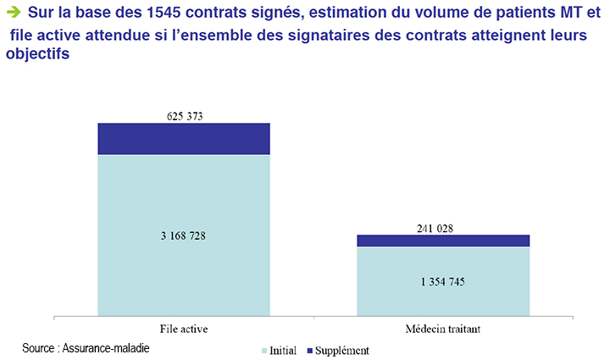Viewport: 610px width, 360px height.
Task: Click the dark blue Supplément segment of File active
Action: point(184,139)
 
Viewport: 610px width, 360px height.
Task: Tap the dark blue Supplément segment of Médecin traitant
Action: point(443,241)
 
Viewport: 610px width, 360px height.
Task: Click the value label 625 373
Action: point(184,116)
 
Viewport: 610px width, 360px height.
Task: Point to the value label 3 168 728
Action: point(184,235)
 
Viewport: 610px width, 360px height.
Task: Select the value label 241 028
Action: point(443,227)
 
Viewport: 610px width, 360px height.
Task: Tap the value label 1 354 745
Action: point(443,282)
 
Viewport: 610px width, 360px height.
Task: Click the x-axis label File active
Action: point(184,329)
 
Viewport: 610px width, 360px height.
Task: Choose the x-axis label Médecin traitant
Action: point(443,329)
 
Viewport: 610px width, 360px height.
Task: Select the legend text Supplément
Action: point(341,350)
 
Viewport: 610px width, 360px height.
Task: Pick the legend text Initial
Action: point(283,350)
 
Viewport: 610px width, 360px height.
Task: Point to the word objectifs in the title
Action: point(37,53)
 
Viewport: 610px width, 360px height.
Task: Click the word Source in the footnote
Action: point(39,347)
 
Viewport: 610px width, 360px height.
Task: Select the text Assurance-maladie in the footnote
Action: point(109,347)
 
